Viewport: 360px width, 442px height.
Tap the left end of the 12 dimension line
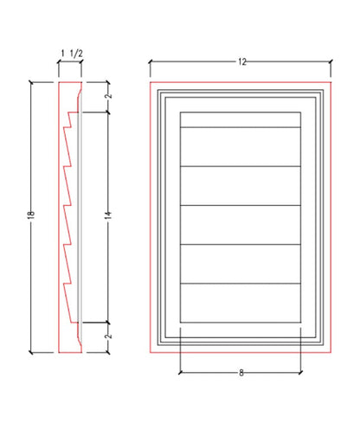click(x=150, y=61)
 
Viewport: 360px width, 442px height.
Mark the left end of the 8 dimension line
click(x=179, y=373)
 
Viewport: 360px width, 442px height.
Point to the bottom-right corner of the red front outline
click(x=332, y=352)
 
